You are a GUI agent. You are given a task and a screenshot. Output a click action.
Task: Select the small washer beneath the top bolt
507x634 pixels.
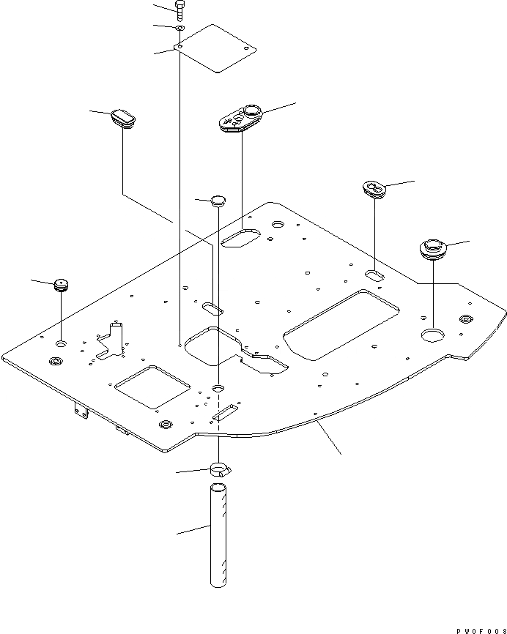pyautogui.click(x=180, y=29)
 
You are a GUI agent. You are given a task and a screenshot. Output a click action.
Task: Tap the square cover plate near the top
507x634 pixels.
pyautogui.click(x=216, y=48)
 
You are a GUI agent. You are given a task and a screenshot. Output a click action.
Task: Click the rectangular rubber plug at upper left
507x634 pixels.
pyautogui.click(x=125, y=117)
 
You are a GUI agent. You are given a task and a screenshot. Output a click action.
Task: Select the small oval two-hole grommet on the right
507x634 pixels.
pyautogui.click(x=374, y=190)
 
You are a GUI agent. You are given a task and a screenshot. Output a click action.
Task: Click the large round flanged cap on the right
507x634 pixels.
pyautogui.click(x=432, y=247)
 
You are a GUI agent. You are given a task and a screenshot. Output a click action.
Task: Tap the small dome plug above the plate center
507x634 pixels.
pyautogui.click(x=218, y=201)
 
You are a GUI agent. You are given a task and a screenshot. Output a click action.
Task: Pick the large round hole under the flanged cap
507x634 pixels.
pyautogui.click(x=432, y=335)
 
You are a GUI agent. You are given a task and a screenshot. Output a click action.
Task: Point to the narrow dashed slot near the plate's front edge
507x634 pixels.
pyautogui.click(x=223, y=414)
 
